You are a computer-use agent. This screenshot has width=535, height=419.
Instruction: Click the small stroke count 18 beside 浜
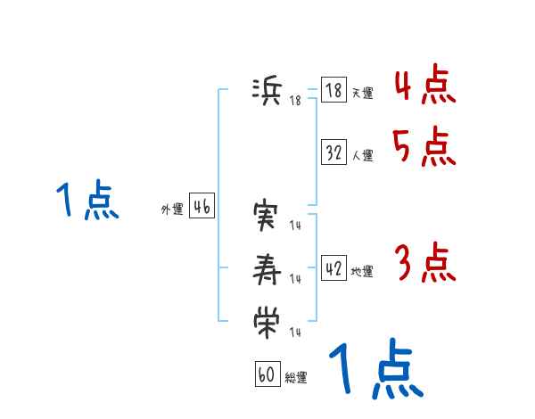coord(295,101)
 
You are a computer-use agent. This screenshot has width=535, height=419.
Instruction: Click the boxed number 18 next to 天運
coord(333,91)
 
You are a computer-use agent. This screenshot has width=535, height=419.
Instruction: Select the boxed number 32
coord(333,152)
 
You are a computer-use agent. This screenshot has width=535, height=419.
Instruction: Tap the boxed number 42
coord(333,268)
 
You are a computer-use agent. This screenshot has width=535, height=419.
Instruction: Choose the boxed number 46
coord(202,207)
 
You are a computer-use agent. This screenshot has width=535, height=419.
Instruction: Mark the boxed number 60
coord(267,374)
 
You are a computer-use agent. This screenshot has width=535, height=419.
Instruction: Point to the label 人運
coord(362,155)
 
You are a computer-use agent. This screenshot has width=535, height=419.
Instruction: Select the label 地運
coord(362,271)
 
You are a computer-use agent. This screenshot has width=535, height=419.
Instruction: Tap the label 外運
coord(172,209)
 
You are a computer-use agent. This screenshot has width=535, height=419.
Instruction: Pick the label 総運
coord(296,377)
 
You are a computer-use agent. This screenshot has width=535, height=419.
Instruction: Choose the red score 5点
coord(424,147)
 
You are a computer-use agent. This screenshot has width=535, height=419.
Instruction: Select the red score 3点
coord(424,264)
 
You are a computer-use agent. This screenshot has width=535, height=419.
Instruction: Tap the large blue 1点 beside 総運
coord(374,369)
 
